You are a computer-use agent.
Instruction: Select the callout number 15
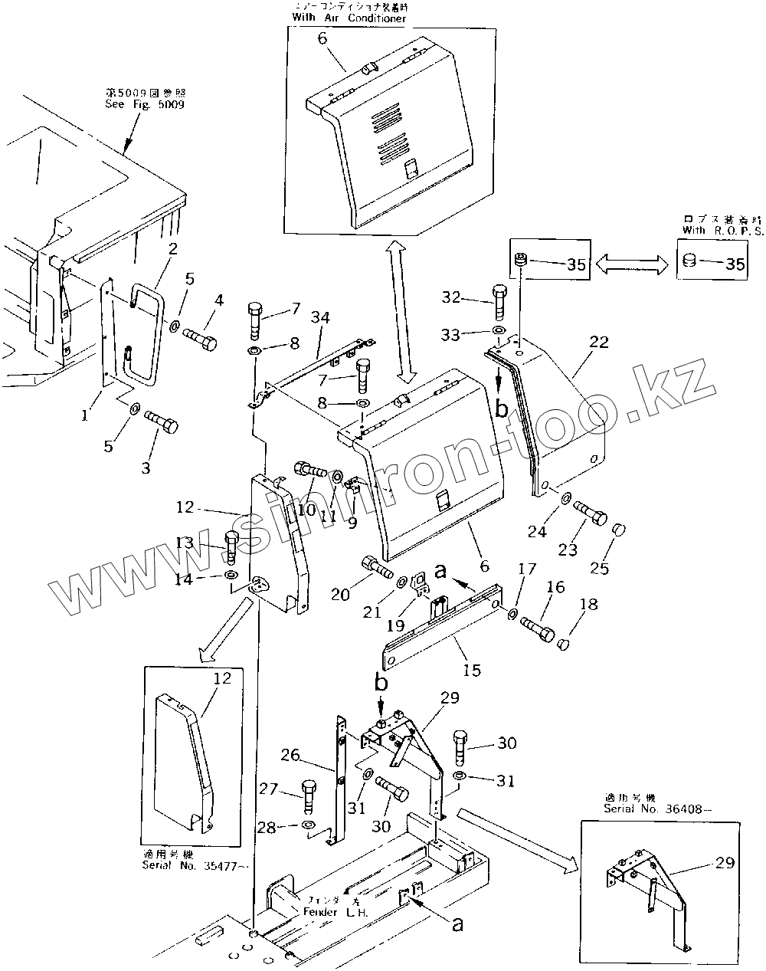click(472, 670)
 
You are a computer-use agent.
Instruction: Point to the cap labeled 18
click(564, 643)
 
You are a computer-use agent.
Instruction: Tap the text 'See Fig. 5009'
click(144, 105)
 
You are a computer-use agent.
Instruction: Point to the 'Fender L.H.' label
click(336, 913)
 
